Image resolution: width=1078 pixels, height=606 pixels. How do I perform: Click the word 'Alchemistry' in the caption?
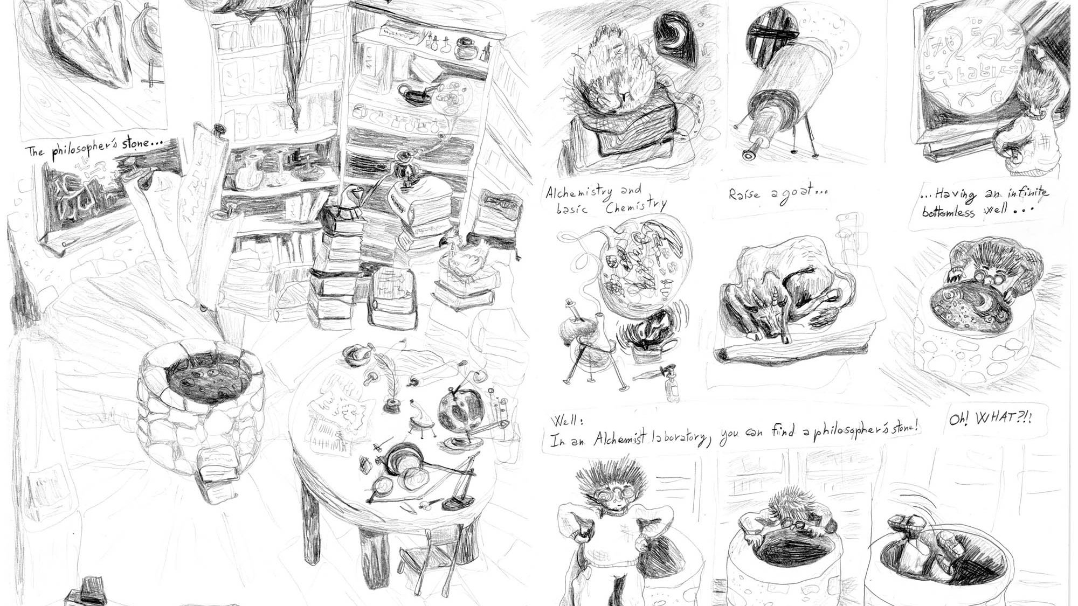click(x=579, y=192)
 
